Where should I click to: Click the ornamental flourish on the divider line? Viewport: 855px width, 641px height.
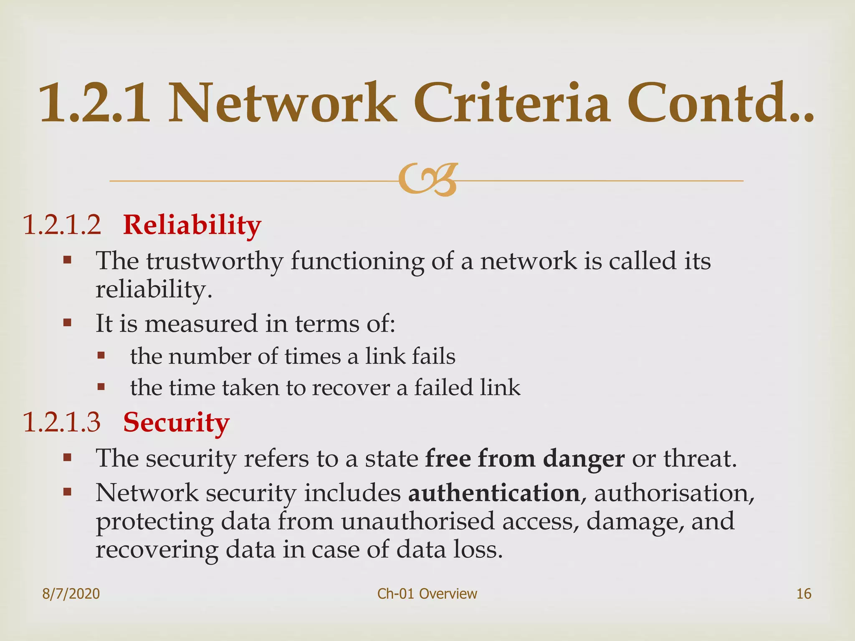(x=428, y=179)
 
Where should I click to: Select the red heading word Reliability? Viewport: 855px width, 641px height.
(x=192, y=225)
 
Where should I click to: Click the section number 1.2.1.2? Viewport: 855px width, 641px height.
(x=62, y=225)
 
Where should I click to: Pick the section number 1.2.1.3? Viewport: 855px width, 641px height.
(x=62, y=422)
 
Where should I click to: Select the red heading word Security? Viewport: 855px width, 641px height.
(x=176, y=423)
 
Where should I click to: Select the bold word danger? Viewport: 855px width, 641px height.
(x=584, y=459)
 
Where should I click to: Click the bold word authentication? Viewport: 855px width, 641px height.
(x=494, y=493)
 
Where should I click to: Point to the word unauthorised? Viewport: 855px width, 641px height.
(x=417, y=522)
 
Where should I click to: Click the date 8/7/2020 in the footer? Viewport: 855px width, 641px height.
(x=71, y=593)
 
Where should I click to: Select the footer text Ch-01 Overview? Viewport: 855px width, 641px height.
(x=427, y=593)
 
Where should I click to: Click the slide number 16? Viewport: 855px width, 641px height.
(x=804, y=593)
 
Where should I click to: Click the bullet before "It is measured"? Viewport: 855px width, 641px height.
(x=67, y=323)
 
